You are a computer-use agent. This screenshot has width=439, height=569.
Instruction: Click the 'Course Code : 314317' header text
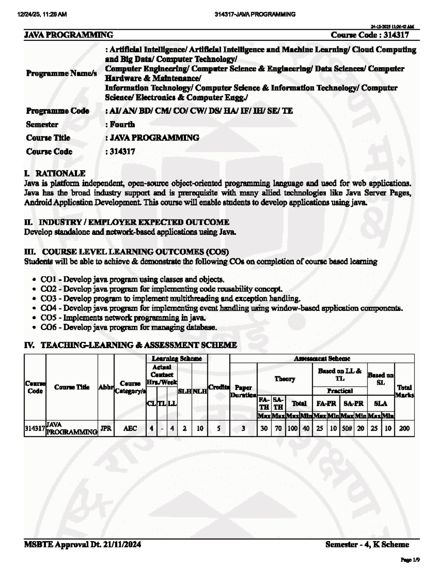coord(369,35)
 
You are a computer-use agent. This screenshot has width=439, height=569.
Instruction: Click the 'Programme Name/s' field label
coord(61,73)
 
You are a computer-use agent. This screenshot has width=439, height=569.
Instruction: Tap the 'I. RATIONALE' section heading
coord(55,173)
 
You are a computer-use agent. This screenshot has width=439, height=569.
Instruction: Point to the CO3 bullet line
coord(170,299)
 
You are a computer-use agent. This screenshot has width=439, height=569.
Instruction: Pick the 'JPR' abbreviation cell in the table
coord(106,428)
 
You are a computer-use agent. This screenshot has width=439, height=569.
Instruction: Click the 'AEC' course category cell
coord(130,428)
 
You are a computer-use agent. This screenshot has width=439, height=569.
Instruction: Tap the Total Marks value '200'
coord(404,428)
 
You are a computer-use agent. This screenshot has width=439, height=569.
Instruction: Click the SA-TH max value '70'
coord(278,428)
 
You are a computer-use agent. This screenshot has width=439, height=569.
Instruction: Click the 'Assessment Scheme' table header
coord(322,359)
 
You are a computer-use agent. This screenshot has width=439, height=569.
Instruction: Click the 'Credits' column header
coord(218,387)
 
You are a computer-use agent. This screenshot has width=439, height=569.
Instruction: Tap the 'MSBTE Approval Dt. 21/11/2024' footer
coord(83,544)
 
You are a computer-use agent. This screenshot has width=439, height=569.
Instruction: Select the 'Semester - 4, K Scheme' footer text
coord(367,544)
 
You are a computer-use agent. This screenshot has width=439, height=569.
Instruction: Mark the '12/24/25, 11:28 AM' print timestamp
coord(42,14)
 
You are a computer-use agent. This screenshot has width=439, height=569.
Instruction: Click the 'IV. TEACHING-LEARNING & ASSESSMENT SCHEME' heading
coord(131,345)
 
